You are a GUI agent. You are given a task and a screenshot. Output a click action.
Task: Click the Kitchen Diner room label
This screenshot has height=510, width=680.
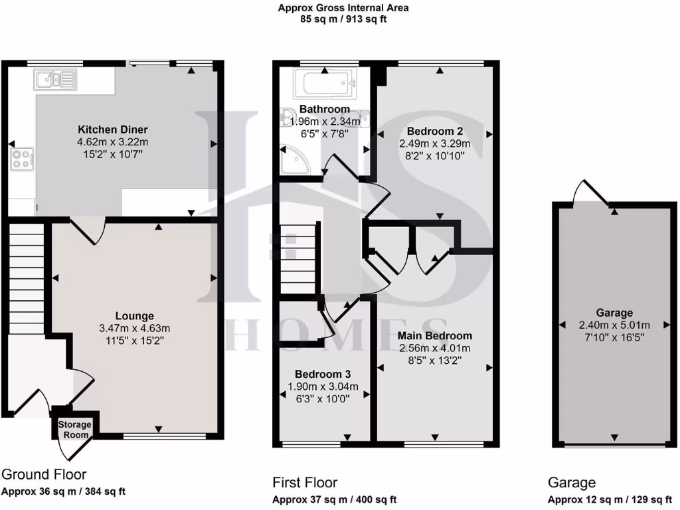(x=113, y=129)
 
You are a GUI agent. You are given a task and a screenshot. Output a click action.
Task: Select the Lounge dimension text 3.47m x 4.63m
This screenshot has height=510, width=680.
(x=135, y=328)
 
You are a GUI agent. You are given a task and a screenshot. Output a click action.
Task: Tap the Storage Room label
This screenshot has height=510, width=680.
(x=74, y=430)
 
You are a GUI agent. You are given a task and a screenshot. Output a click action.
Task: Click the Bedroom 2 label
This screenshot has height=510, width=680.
(x=435, y=131)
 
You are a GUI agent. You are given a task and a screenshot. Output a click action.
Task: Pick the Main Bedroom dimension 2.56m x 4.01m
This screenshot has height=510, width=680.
(x=435, y=349)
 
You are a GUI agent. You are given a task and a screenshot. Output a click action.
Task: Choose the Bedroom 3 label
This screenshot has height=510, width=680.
(x=322, y=374)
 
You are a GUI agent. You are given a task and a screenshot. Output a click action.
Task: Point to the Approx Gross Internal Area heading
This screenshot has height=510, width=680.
(x=343, y=8)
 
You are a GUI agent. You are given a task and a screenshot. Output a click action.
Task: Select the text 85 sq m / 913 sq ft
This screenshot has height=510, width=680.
(x=343, y=19)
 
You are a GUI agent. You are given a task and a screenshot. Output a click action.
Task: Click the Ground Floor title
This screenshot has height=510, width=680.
(x=44, y=475)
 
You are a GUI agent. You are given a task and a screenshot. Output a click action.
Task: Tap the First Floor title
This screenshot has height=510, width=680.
(x=305, y=483)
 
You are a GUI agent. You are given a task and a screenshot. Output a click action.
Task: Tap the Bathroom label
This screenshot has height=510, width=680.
(x=324, y=109)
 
